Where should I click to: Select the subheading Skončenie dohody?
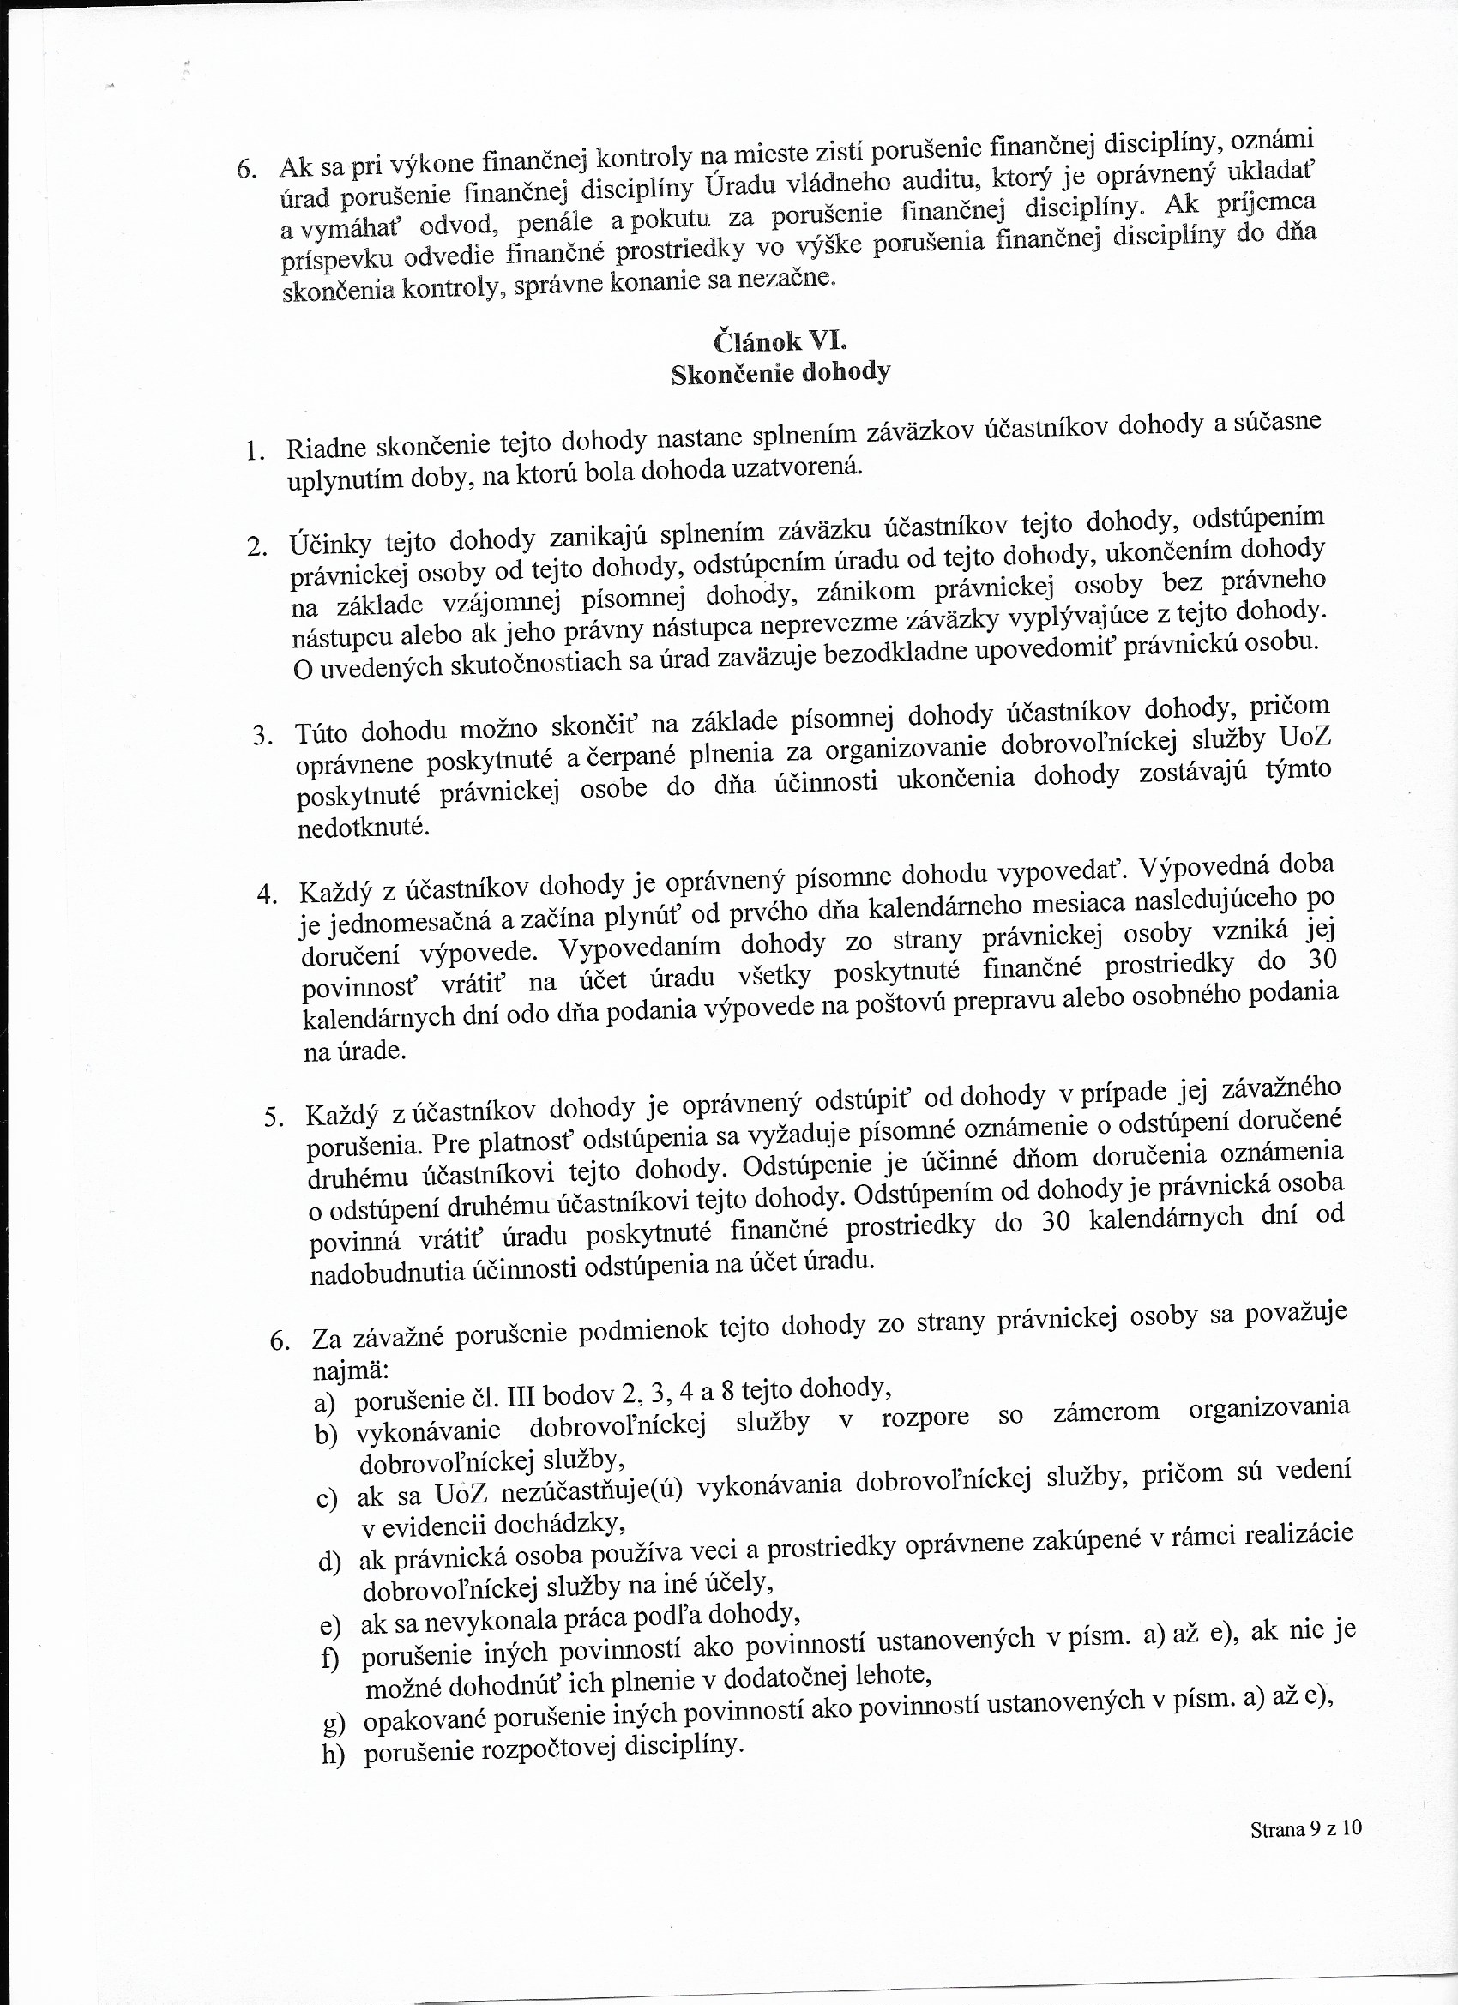click(x=780, y=373)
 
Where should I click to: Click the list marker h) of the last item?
click(x=333, y=1728)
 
